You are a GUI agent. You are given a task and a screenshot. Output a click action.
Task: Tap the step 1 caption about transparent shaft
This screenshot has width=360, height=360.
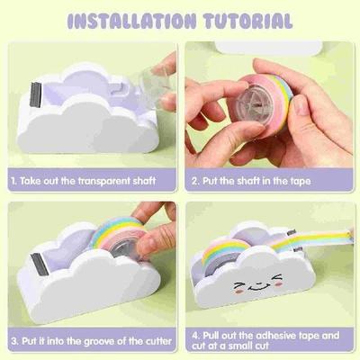(86, 182)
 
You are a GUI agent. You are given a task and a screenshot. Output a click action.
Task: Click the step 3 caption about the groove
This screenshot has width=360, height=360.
(86, 342)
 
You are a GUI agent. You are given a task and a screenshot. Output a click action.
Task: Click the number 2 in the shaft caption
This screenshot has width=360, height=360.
(195, 182)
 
